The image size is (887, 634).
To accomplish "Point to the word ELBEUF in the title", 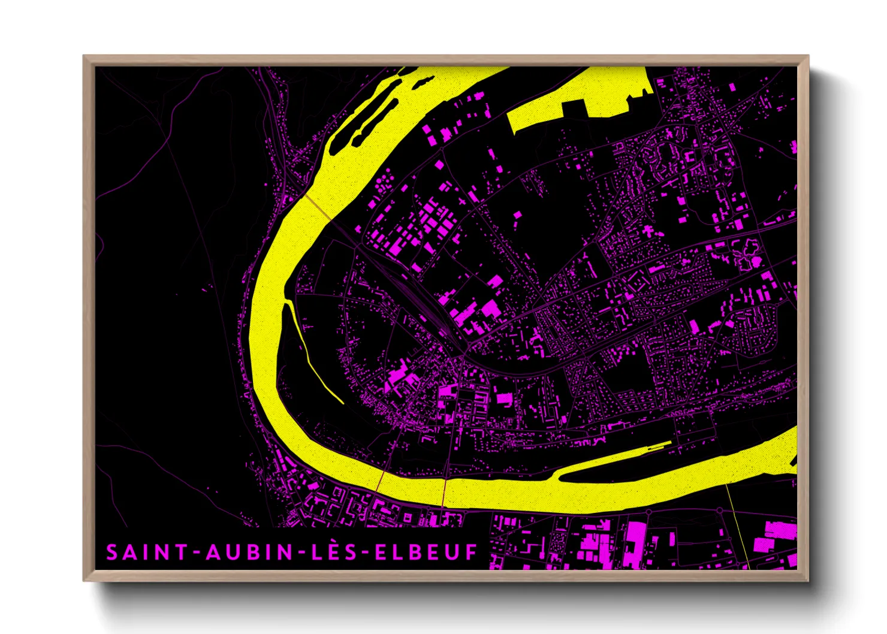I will pos(426,552).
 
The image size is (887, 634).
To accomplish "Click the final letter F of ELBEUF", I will pos(472,552).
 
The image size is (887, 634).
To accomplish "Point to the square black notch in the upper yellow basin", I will pos(574,110).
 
